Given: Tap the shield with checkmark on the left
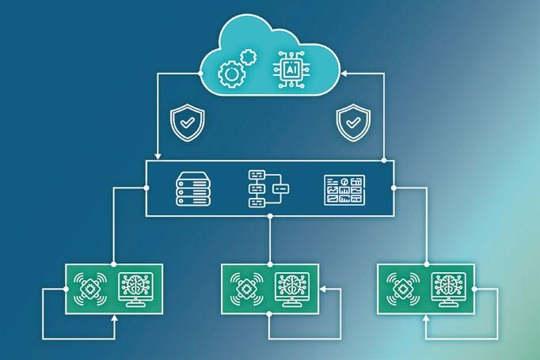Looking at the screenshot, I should coord(187,123).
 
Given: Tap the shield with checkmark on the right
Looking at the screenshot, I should coord(352,123).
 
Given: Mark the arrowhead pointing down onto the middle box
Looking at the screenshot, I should coord(158,155).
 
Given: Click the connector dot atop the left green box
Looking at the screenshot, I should coord(114,264).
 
